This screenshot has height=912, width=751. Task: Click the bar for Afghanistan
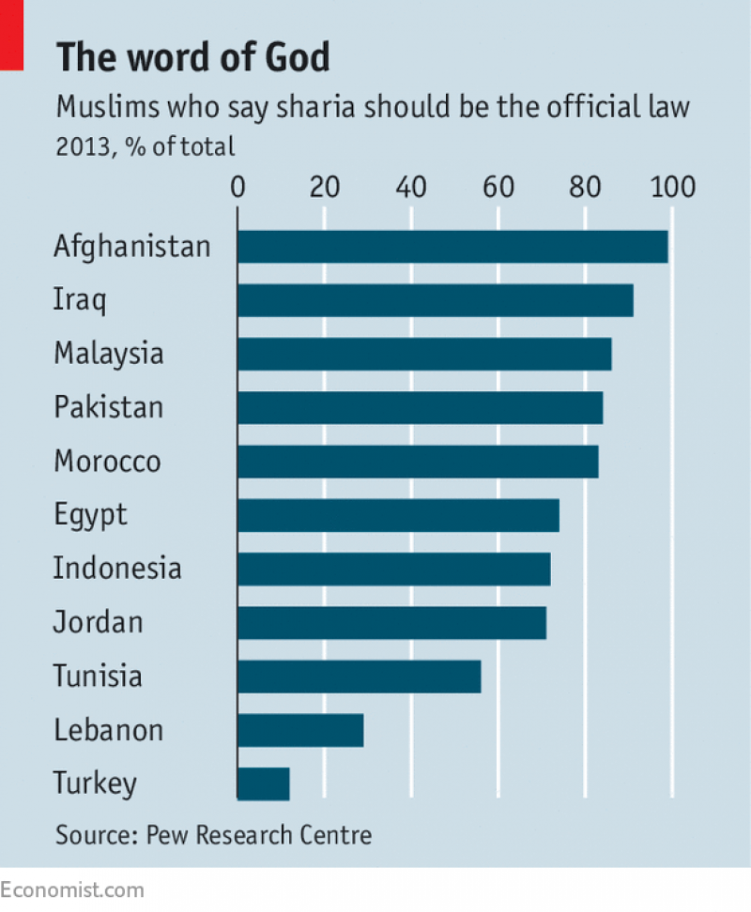point(452,247)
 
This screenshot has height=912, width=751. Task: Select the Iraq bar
point(435,300)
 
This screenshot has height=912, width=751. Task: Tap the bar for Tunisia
point(359,676)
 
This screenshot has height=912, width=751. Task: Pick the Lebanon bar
point(300,729)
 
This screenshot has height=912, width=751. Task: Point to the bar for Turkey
point(263,783)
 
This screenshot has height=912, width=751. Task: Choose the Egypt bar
point(398,515)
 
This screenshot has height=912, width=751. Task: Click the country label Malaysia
point(109,354)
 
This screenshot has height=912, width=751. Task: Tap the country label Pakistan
point(109,407)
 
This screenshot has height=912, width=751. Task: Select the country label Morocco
point(107,462)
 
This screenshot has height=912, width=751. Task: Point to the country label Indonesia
point(117,569)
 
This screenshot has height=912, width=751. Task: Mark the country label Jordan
point(99,622)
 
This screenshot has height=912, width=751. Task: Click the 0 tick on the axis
point(238,188)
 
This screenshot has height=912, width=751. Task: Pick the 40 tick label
point(411,188)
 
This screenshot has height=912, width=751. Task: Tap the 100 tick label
point(671,188)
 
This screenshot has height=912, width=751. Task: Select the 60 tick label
point(498,188)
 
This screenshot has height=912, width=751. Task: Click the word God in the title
point(299,58)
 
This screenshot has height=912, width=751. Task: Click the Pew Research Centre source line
point(213,834)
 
